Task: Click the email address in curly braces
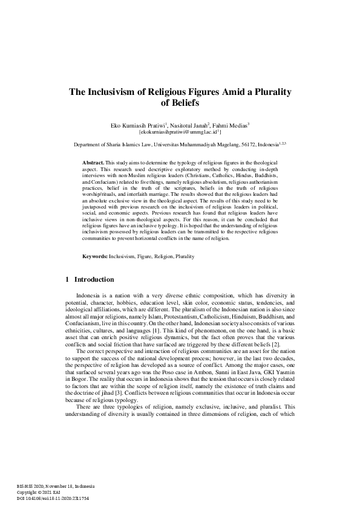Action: (x=180, y=131)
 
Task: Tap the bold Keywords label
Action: (x=95, y=256)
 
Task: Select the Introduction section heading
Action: (x=94, y=280)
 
